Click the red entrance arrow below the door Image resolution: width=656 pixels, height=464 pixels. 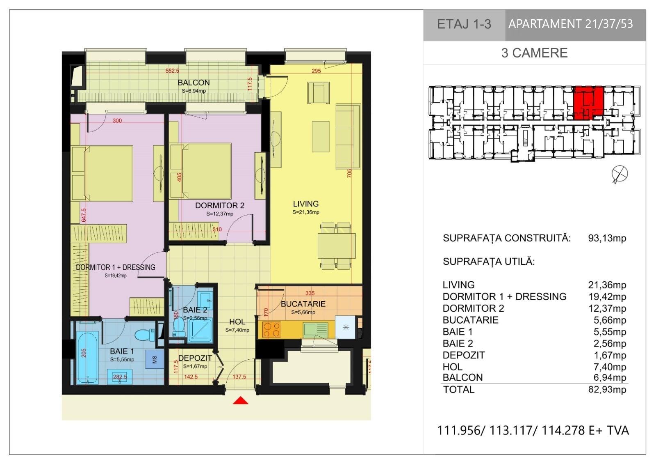point(240,400)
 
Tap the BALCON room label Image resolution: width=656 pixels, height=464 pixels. point(194,83)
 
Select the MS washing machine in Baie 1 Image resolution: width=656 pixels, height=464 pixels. point(155,359)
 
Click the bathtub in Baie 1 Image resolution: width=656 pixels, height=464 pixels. point(87,358)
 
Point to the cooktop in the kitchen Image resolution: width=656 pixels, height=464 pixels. point(271,330)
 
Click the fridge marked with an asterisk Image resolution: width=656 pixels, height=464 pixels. point(346,327)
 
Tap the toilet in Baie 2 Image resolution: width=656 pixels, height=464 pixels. point(179,327)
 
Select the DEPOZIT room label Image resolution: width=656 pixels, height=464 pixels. point(195,358)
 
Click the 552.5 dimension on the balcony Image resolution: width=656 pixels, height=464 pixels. point(172,71)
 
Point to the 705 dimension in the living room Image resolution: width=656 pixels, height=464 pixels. point(349,173)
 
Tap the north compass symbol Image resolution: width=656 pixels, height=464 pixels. point(620,174)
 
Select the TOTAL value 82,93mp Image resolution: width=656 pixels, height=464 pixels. point(607,390)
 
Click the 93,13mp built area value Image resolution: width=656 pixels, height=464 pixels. point(607,238)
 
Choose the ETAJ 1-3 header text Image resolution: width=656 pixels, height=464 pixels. point(464,24)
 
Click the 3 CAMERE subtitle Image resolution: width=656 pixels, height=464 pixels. point(535,53)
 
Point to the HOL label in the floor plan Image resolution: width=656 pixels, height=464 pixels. point(237,322)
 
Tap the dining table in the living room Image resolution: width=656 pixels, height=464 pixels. point(336,246)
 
